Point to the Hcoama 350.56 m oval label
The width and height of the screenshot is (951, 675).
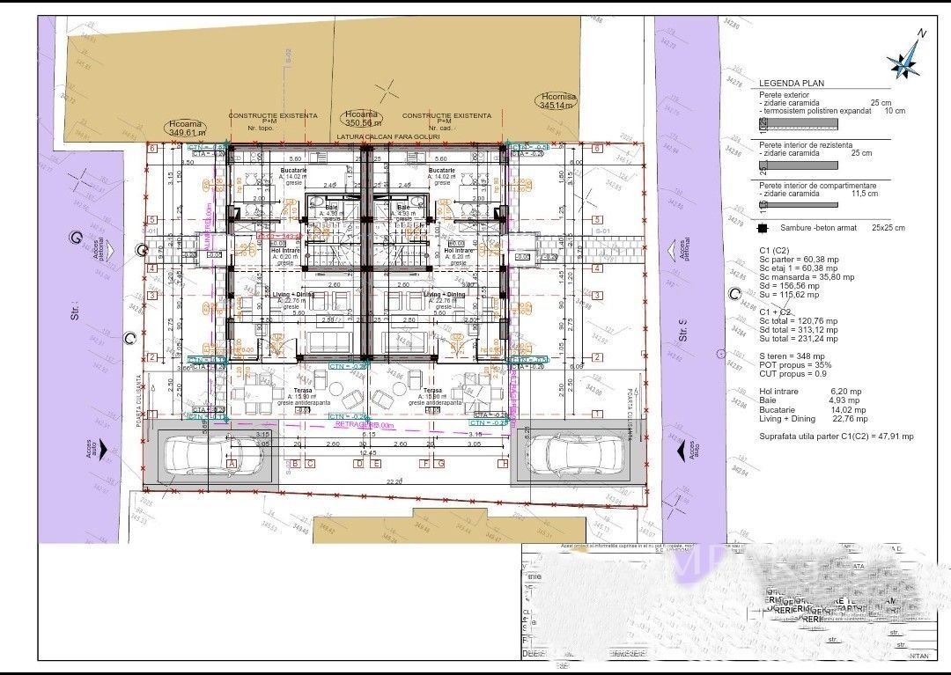361,119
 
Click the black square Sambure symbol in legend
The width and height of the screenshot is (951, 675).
763,228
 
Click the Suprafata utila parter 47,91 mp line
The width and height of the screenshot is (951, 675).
836,436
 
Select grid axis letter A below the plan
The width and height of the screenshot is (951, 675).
232,463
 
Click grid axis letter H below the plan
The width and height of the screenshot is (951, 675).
503,463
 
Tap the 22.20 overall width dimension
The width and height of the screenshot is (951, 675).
393,482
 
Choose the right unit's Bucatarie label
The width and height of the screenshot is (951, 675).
441,170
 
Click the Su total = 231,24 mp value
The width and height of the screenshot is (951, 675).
799,338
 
